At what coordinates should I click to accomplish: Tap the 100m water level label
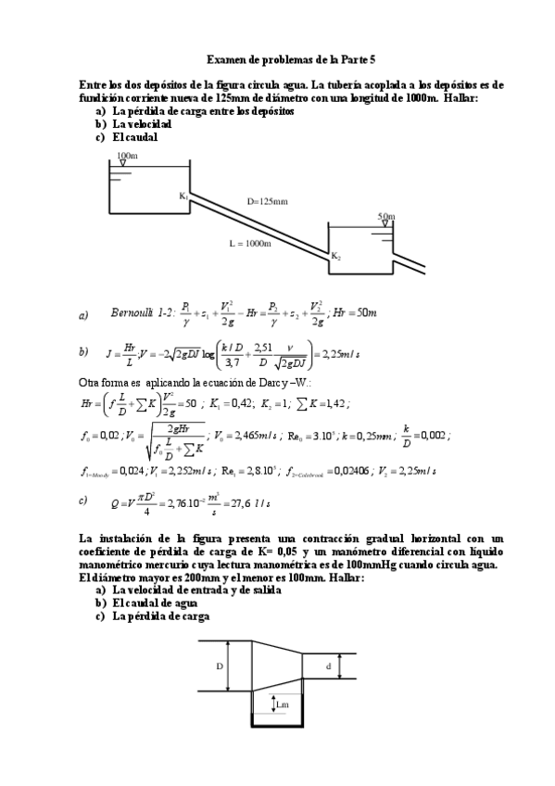[128, 155]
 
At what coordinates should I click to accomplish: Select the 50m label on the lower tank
[385, 216]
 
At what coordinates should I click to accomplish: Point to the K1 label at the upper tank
[183, 196]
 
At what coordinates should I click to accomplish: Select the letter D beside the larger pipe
[220, 666]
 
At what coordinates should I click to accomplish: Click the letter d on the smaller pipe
[329, 665]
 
